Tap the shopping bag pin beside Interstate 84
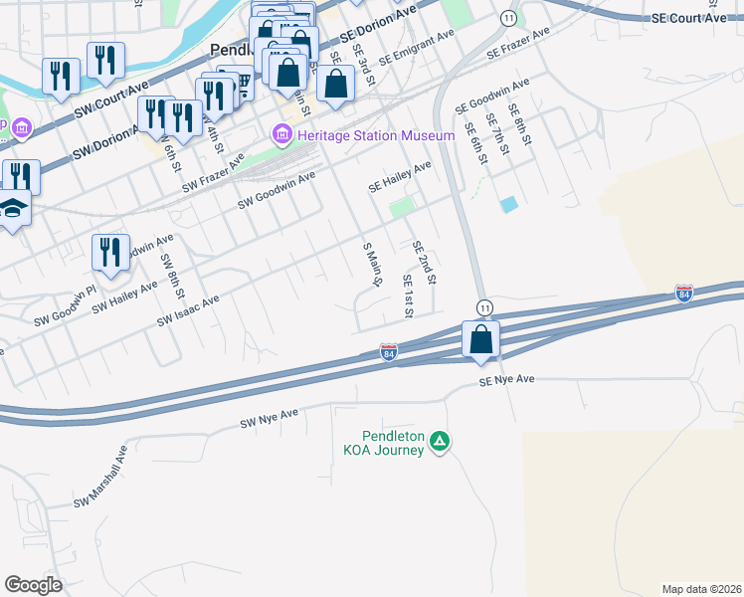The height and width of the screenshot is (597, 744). pos(481,340)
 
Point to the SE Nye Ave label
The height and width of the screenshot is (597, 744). pos(506,380)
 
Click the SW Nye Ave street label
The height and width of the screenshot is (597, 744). pos(269,419)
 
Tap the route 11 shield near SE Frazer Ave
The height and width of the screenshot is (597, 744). pos(509,18)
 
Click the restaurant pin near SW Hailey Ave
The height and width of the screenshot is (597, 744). pos(110,253)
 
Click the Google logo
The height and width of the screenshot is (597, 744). pos(33,585)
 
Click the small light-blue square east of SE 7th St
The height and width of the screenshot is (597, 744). pos(509,204)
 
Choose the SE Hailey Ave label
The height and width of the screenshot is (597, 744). pos(400,176)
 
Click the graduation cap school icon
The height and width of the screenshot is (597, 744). pos(12,209)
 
